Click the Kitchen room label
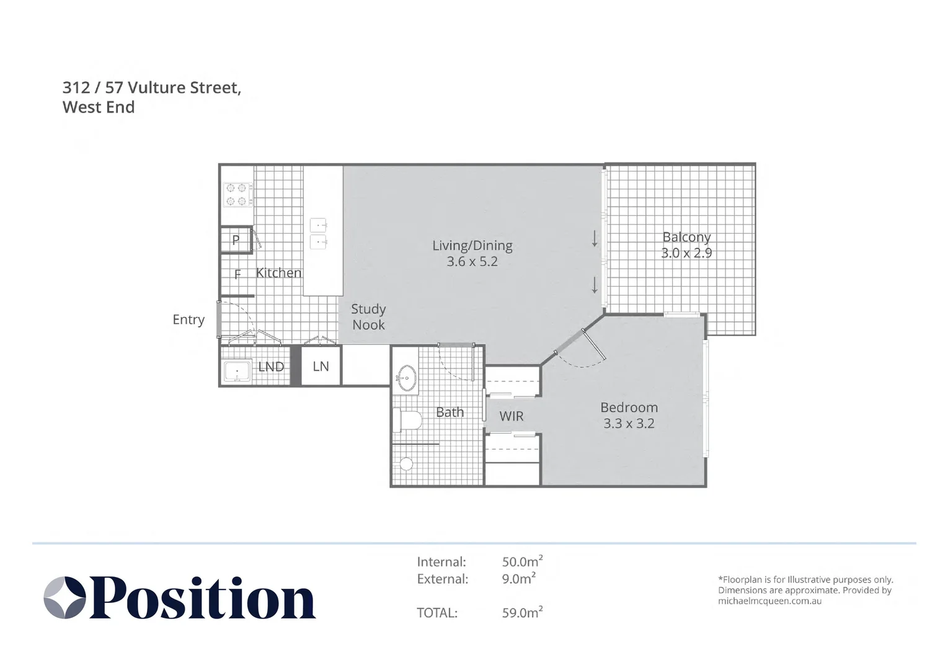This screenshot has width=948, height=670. (x=278, y=273)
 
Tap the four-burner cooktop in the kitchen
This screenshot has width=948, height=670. (x=238, y=195)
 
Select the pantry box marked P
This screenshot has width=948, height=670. (x=236, y=240)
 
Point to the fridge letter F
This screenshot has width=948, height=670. (x=237, y=274)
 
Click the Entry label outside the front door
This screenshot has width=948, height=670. (x=188, y=319)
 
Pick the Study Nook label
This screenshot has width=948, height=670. (x=368, y=317)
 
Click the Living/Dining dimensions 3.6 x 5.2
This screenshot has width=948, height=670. (x=472, y=262)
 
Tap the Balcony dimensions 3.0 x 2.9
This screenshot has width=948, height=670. (x=686, y=253)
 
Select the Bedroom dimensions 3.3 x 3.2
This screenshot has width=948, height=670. (x=629, y=424)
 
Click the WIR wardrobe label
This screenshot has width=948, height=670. (x=512, y=416)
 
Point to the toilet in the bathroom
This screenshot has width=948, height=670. (x=407, y=420)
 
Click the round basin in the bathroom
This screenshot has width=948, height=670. (x=407, y=377)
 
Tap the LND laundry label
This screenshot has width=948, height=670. (x=271, y=367)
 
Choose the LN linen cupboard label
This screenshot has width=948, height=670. (x=321, y=367)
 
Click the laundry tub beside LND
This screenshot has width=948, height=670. (x=237, y=372)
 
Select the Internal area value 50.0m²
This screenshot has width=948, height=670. (x=522, y=561)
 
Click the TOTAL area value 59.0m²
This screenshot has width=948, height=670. (x=522, y=612)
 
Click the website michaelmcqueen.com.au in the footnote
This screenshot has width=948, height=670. (x=770, y=601)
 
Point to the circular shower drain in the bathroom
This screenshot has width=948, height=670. (x=406, y=464)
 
